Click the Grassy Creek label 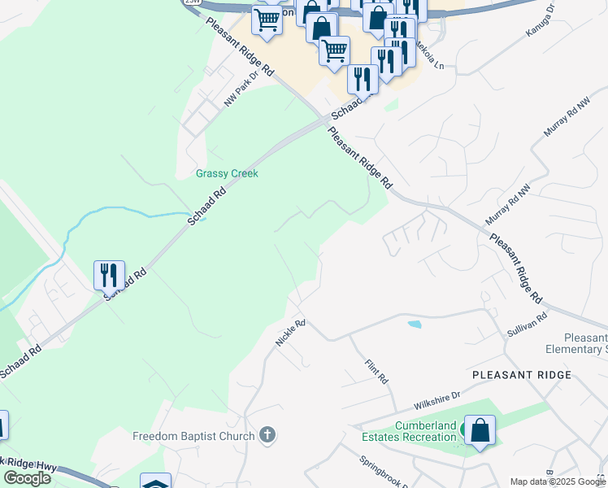(x=227, y=173)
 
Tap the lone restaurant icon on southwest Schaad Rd (x=109, y=276)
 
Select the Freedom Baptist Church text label (x=193, y=436)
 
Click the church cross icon (x=267, y=436)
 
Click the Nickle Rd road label (x=289, y=333)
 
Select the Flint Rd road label (x=377, y=373)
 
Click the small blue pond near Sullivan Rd (x=415, y=324)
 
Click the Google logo (x=27, y=478)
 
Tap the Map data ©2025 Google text (x=557, y=481)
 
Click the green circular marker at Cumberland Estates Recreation (x=467, y=428)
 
